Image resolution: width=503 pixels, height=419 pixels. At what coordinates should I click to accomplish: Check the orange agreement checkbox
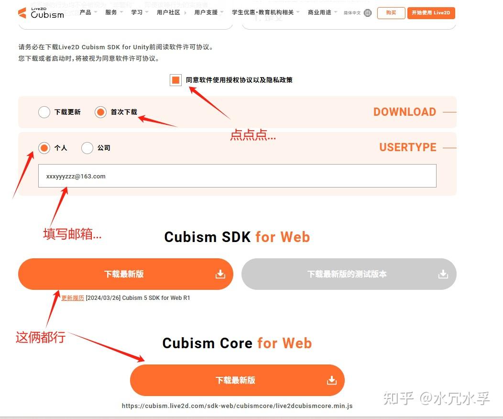click(x=175, y=80)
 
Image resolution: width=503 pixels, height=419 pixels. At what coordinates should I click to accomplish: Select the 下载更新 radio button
click(x=44, y=112)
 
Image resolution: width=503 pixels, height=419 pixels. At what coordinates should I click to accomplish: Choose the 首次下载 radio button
click(x=100, y=112)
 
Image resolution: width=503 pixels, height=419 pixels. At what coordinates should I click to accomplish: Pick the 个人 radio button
click(x=44, y=148)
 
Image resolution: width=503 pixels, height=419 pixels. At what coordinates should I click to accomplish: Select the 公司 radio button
click(x=87, y=148)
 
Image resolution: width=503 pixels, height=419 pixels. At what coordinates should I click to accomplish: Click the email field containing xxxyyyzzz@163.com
click(x=237, y=176)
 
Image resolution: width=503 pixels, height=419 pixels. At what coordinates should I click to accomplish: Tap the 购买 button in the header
click(x=391, y=13)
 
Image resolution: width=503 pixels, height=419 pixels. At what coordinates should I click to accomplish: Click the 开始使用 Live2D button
click(x=431, y=13)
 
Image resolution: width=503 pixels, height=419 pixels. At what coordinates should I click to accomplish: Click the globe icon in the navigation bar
click(x=368, y=13)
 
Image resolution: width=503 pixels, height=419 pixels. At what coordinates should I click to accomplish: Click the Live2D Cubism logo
click(x=41, y=12)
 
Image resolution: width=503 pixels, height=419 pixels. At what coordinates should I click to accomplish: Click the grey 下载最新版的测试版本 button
click(x=349, y=274)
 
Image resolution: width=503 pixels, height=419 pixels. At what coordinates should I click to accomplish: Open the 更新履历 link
click(x=73, y=298)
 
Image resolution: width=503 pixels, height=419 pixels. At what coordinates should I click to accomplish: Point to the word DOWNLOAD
click(x=405, y=112)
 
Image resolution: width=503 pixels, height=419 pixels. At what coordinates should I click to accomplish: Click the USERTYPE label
click(x=408, y=147)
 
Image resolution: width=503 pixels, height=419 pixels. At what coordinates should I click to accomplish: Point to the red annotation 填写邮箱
click(x=72, y=234)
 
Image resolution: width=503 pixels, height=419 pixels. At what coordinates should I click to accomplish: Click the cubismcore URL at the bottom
click(x=237, y=406)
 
